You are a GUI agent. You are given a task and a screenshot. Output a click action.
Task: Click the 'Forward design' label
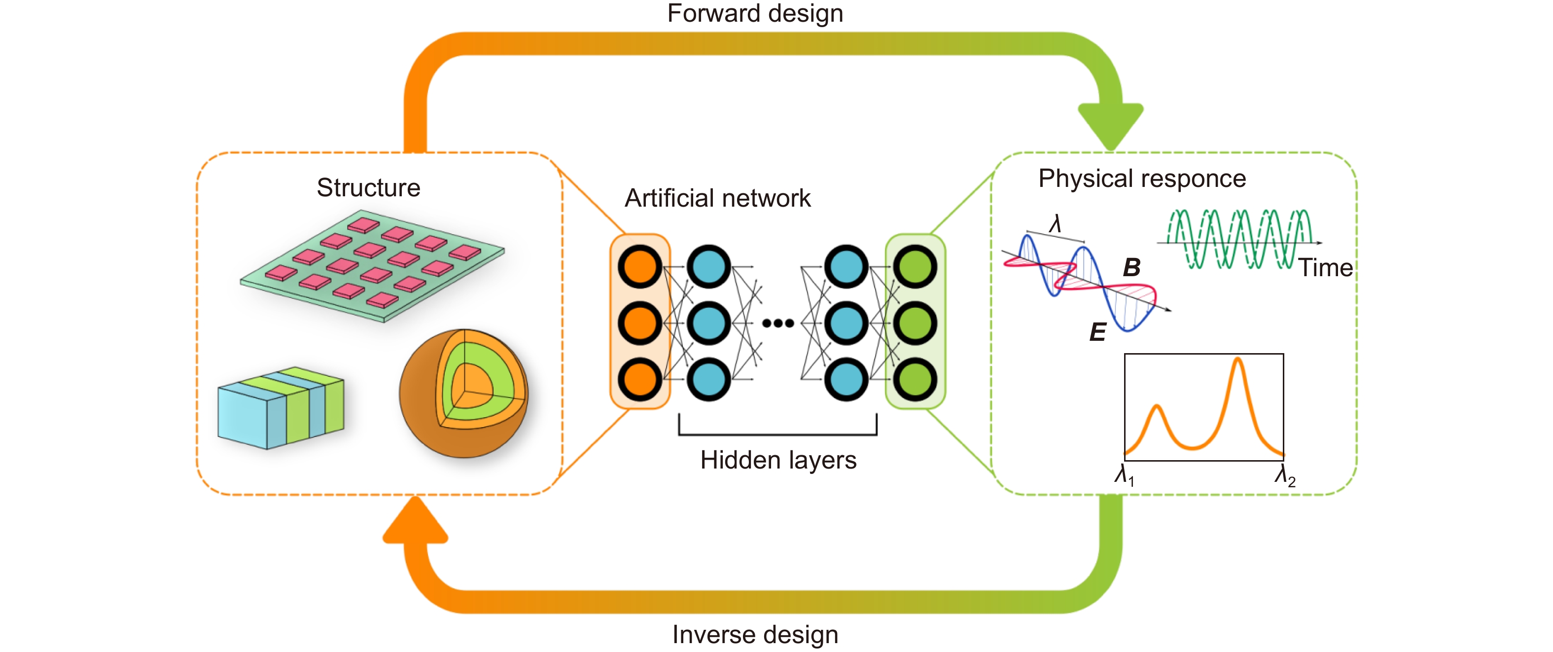(755, 13)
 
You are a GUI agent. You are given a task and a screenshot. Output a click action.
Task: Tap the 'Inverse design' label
(755, 635)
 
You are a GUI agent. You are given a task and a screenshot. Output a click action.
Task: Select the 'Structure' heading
(368, 187)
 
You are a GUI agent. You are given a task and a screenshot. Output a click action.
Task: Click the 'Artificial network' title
(717, 198)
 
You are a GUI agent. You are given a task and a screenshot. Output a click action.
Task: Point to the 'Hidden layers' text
(777, 460)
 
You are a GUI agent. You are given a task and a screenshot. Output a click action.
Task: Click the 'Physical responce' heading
(1142, 179)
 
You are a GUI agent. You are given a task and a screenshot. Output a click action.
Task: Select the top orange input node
(639, 267)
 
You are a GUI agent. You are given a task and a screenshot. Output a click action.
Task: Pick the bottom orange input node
(639, 379)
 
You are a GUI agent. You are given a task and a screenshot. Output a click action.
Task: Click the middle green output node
(915, 323)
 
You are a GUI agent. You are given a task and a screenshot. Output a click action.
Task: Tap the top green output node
(915, 267)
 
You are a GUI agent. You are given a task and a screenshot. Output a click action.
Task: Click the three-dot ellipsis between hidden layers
(777, 323)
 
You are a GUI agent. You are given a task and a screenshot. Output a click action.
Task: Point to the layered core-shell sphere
(463, 393)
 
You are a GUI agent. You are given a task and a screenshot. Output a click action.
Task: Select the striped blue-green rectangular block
(281, 408)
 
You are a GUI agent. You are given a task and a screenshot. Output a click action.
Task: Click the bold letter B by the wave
(1131, 267)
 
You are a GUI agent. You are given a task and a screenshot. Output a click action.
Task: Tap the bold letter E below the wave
(1098, 332)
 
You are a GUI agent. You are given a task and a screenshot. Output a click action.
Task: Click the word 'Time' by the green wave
(1325, 268)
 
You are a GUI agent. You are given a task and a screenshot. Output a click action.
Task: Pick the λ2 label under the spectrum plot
(1285, 476)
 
